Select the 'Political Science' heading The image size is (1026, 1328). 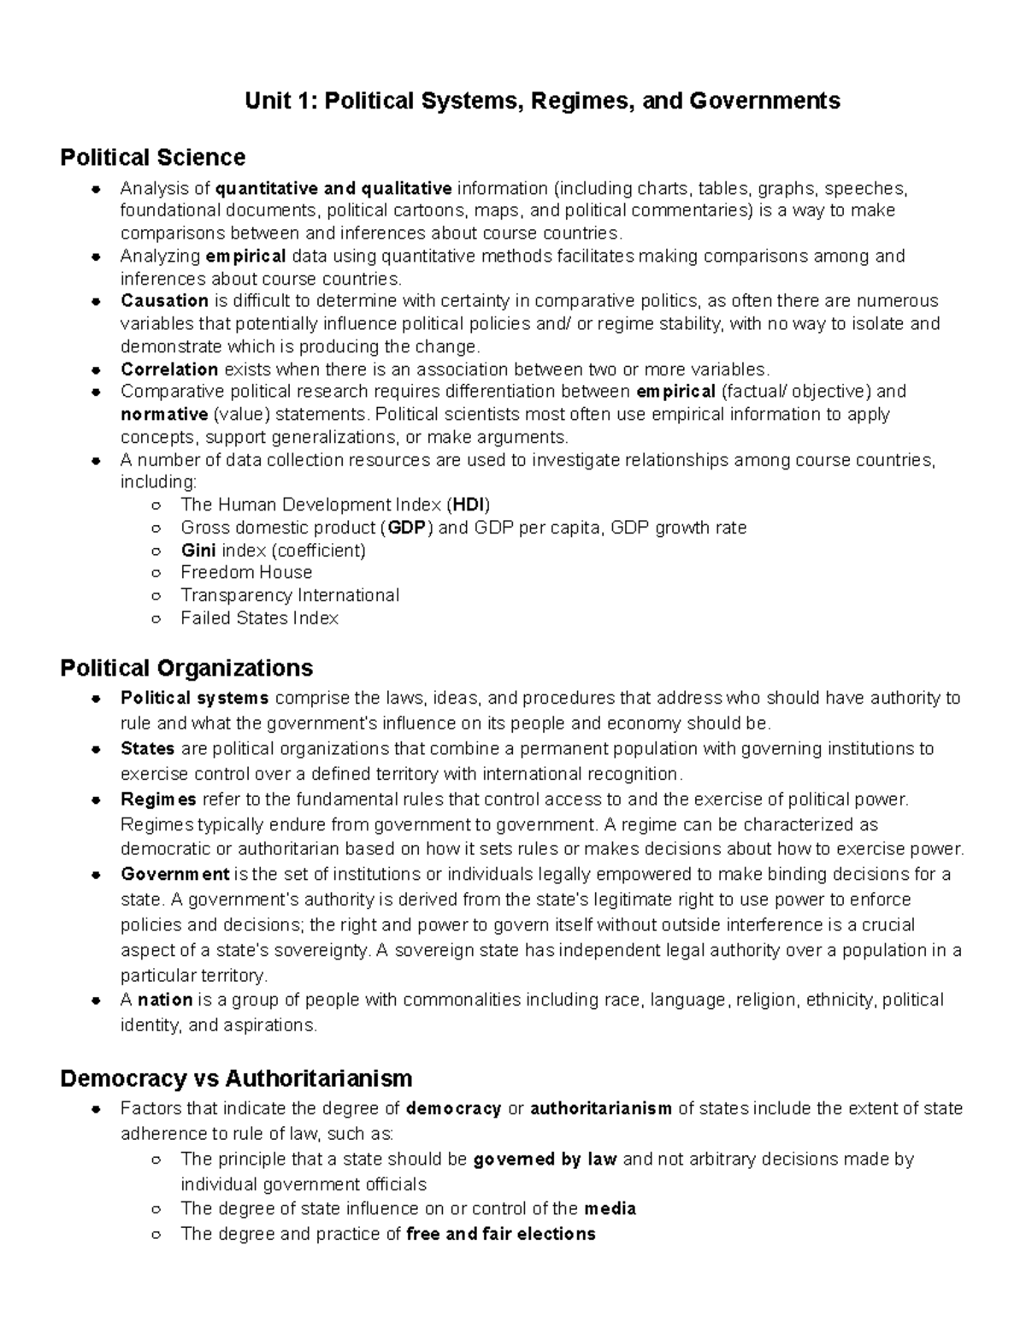[x=152, y=157]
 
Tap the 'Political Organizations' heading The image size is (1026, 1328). [x=186, y=667]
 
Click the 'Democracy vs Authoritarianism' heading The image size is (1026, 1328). [x=236, y=1077]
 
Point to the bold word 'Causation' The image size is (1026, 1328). [x=164, y=301]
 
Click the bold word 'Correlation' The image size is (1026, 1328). [x=169, y=369]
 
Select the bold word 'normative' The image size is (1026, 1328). [x=164, y=415]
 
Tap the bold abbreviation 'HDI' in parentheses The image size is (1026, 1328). [x=469, y=505]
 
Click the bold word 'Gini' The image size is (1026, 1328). [x=198, y=550]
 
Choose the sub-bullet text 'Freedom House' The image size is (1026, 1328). [x=246, y=572]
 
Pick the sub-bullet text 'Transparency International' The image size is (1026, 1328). [x=290, y=595]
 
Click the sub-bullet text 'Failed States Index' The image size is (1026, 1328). [x=259, y=618]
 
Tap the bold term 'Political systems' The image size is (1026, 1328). [x=195, y=698]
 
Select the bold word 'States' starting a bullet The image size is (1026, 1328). [x=147, y=749]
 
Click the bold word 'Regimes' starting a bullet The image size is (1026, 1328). [x=158, y=800]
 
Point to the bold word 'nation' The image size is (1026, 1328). [x=165, y=1000]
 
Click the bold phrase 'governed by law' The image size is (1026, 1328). [x=545, y=1160]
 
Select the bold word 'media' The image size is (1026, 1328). [x=610, y=1209]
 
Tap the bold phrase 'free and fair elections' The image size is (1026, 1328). [x=500, y=1234]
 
